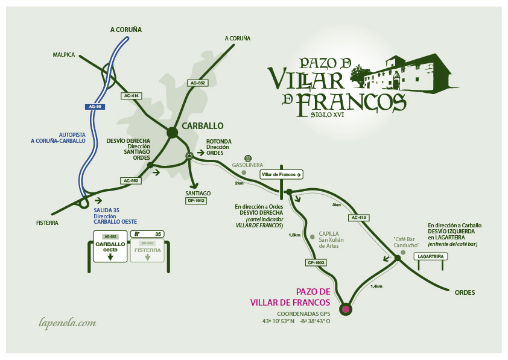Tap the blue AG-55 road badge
[95, 107]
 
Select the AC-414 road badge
[131, 96]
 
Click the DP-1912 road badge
[197, 200]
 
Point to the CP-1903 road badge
[316, 262]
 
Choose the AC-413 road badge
[358, 217]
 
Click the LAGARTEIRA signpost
[431, 256]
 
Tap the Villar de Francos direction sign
[281, 174]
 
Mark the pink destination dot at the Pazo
[345, 309]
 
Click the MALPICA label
[63, 55]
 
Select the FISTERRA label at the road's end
[47, 223]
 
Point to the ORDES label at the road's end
[465, 292]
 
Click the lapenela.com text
[67, 323]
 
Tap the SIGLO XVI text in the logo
[328, 114]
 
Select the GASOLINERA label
[249, 165]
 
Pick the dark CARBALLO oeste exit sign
[110, 247]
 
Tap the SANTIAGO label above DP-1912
[198, 193]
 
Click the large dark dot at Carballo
[173, 133]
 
